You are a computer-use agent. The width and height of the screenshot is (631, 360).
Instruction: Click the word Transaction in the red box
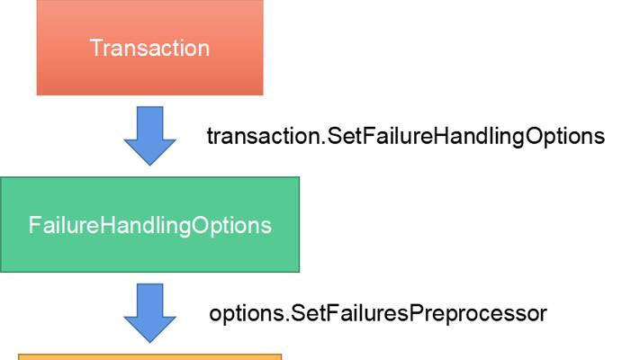pos(149,49)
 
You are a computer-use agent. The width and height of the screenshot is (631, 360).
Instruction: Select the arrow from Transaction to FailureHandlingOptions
pos(149,136)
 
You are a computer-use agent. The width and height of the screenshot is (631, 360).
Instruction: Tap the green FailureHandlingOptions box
pos(149,224)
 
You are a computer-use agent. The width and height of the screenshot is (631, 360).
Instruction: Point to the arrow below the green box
pos(149,313)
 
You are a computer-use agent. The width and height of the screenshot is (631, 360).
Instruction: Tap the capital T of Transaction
pos(96,49)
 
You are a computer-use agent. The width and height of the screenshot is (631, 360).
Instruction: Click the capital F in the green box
pos(34,225)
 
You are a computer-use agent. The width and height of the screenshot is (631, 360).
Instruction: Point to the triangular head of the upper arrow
pos(149,152)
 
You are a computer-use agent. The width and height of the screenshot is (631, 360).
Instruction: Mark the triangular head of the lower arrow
pos(149,329)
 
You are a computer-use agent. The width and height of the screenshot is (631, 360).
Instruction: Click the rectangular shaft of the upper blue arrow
pos(149,122)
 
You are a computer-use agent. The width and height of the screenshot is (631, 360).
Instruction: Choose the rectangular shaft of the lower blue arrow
pos(149,300)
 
